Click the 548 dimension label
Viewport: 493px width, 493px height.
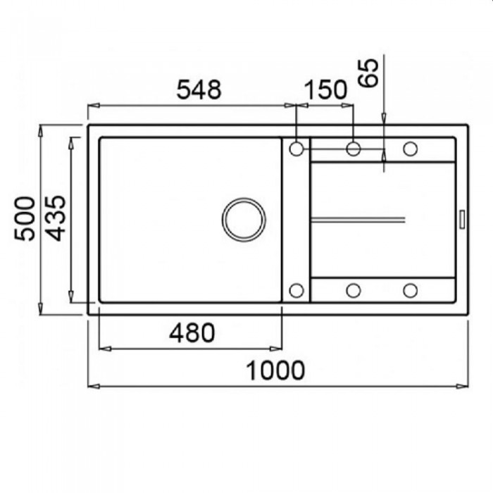[x=199, y=89]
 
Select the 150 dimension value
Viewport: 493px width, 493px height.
[x=326, y=89]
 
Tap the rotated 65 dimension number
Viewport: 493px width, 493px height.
[x=368, y=73]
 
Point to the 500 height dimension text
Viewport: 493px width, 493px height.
[x=25, y=219]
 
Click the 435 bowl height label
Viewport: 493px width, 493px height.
[x=56, y=218]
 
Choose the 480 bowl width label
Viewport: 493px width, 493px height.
[x=192, y=333]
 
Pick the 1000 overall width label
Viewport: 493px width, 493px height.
[x=275, y=370]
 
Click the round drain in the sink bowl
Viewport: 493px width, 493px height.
[x=244, y=220]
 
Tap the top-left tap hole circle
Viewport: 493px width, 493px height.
[x=297, y=149]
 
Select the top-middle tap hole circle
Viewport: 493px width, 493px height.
[x=353, y=149]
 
